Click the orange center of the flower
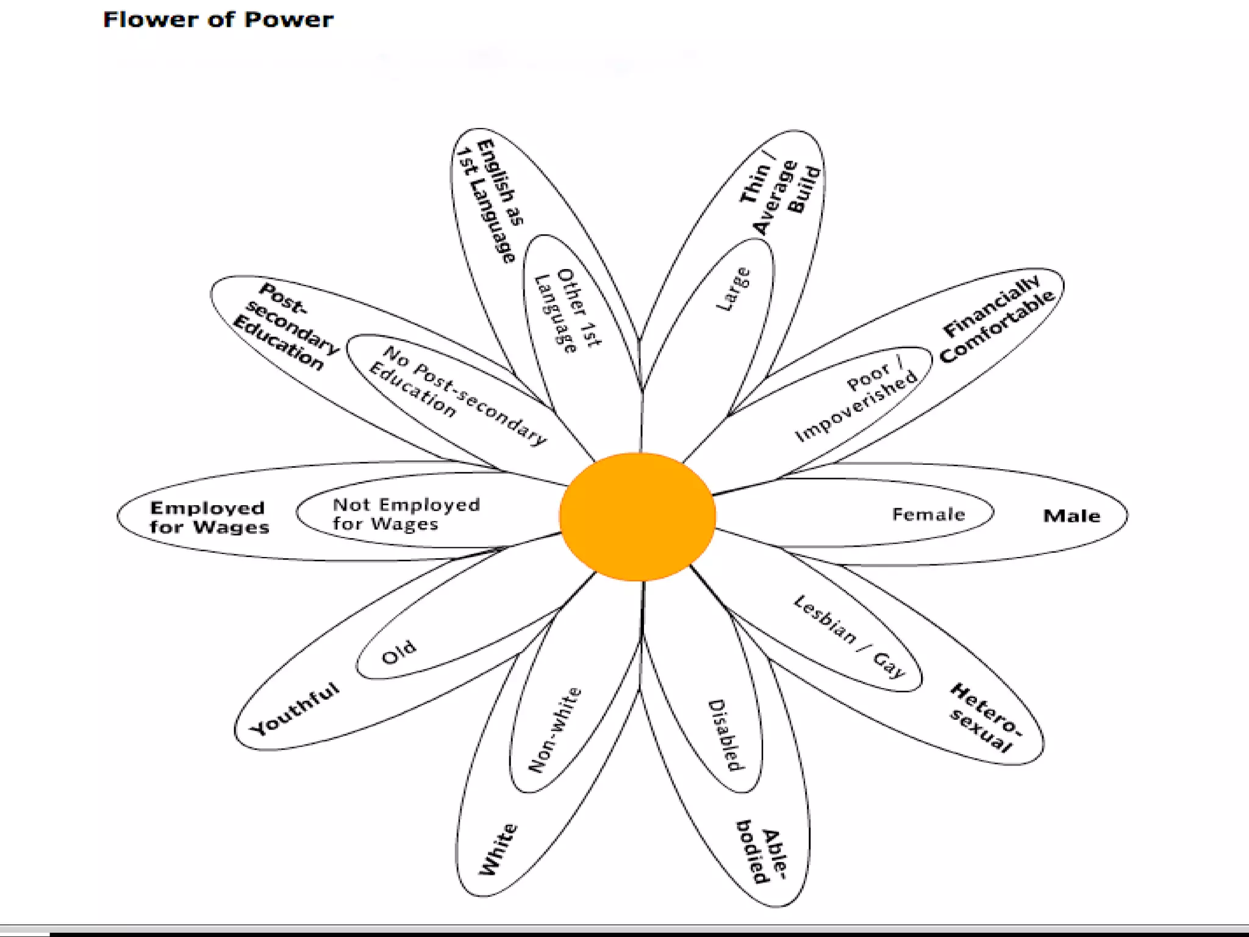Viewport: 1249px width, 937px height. [637, 516]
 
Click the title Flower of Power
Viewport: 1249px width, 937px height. [218, 20]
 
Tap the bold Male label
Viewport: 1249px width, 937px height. [1072, 516]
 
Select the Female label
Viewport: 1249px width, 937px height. [928, 514]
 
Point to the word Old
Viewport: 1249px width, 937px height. [399, 652]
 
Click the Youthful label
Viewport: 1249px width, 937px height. [295, 708]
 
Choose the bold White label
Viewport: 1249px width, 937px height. [498, 849]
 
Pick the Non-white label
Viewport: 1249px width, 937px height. [554, 729]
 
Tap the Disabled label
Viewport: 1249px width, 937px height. [726, 734]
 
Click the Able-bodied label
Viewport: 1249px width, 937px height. [762, 852]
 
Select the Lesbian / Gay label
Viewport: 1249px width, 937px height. [850, 636]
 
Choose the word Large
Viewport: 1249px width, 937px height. [733, 289]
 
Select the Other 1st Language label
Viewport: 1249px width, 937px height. [567, 310]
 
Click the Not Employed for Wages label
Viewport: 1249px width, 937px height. [406, 514]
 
